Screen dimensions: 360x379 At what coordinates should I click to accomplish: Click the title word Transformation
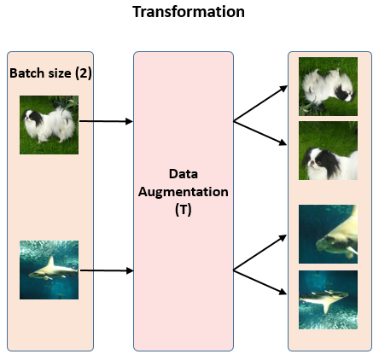click(x=189, y=13)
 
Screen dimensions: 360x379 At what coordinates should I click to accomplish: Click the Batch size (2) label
click(x=50, y=73)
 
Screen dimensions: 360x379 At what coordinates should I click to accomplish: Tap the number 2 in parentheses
click(x=83, y=73)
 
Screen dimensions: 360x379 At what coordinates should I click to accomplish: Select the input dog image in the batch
click(x=50, y=124)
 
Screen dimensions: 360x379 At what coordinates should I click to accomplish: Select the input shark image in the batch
click(x=50, y=270)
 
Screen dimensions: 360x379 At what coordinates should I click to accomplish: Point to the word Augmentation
click(x=183, y=192)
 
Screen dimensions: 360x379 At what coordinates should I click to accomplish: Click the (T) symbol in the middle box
click(x=183, y=208)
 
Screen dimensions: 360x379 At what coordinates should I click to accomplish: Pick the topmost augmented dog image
click(x=328, y=86)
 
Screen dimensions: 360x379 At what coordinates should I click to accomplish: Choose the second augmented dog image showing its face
click(x=328, y=150)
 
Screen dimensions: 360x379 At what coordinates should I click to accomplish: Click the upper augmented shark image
click(x=328, y=234)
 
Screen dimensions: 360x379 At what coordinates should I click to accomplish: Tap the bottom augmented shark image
click(x=328, y=299)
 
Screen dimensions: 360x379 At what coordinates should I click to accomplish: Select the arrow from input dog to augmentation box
click(x=106, y=122)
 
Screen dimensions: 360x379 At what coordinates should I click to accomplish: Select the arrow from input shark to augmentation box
click(x=106, y=270)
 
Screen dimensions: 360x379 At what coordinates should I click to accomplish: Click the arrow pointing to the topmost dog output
click(x=260, y=102)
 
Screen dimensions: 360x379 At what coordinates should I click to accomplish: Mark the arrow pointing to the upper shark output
click(x=260, y=253)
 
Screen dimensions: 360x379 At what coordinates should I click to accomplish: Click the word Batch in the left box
click(x=26, y=73)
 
